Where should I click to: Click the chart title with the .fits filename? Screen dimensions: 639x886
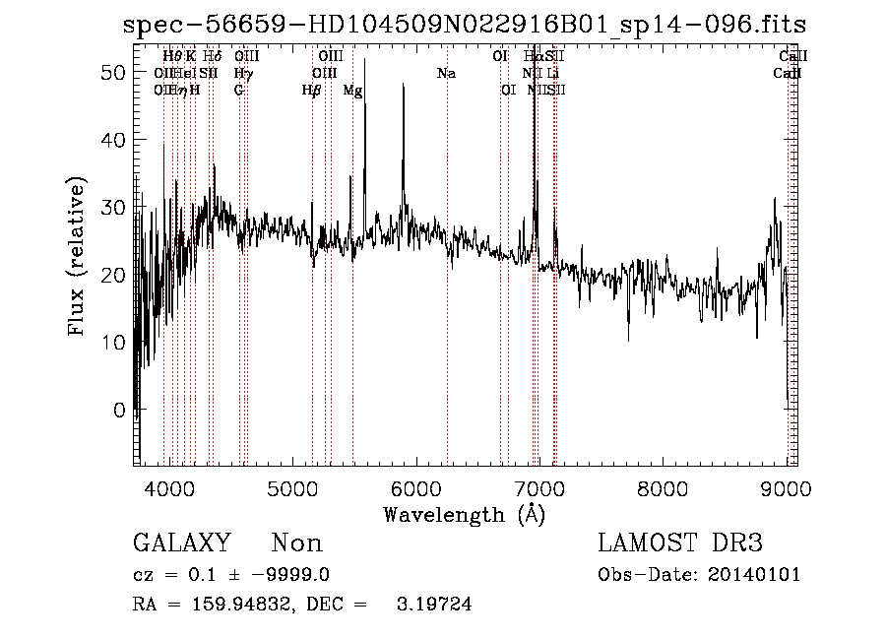click(466, 24)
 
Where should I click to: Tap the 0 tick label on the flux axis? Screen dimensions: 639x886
click(119, 409)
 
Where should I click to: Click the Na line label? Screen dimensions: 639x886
click(446, 74)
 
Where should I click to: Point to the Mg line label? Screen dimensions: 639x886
click(352, 91)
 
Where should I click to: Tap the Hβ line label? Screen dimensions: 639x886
click(311, 91)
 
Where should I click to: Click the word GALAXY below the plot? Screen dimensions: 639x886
click(182, 543)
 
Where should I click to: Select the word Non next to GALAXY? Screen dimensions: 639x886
click(296, 543)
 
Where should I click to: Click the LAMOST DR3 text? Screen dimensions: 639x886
click(680, 543)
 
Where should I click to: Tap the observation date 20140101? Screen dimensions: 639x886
click(756, 575)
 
